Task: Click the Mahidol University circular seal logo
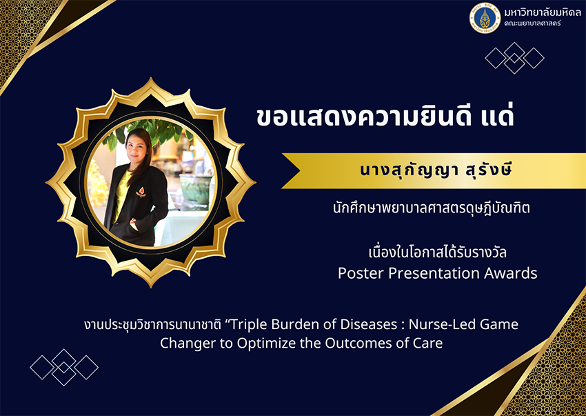485,18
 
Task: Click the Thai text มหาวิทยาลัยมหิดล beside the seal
543,12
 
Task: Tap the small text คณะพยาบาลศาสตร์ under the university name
532,23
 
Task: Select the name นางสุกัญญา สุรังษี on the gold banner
436,170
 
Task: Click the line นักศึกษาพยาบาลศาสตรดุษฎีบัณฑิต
432,208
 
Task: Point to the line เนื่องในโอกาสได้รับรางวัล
437,252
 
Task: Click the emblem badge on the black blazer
141,192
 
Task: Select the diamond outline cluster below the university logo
514,58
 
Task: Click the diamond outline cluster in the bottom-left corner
64,368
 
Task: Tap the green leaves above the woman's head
157,133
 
